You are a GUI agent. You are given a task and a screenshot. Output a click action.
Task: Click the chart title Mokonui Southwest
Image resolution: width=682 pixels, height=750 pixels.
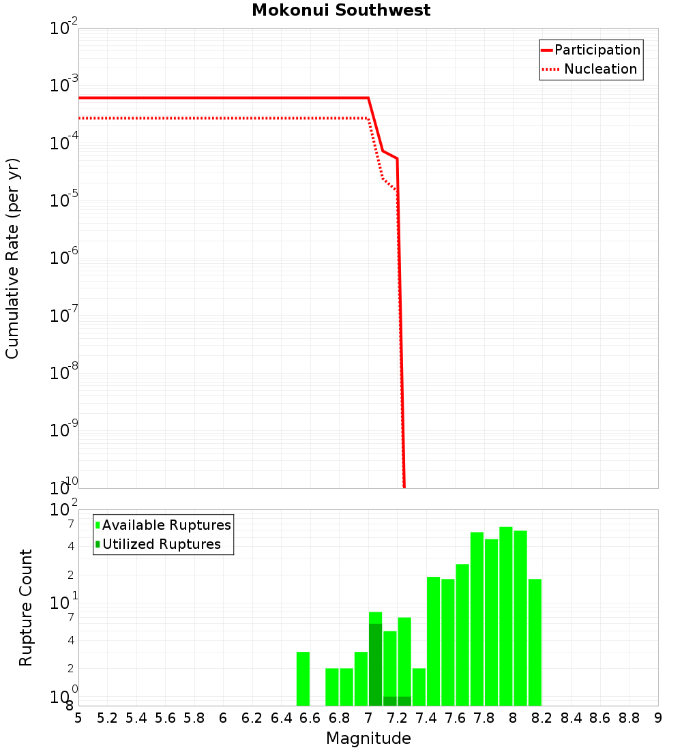[x=341, y=10]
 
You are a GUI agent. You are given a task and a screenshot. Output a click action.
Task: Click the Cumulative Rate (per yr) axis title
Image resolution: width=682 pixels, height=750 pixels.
[x=12, y=258]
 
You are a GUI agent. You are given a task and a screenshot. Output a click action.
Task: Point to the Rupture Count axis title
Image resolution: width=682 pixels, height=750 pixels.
[x=26, y=607]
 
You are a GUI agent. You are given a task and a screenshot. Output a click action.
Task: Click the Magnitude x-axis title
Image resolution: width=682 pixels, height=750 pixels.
[x=368, y=738]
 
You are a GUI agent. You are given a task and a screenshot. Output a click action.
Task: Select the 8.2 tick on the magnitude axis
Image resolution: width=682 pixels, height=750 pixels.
[x=542, y=718]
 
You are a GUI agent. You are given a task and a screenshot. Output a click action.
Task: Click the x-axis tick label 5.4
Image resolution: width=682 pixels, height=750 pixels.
[x=136, y=718]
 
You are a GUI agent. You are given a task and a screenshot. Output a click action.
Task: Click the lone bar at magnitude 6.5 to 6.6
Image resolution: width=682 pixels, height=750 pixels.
[x=303, y=678]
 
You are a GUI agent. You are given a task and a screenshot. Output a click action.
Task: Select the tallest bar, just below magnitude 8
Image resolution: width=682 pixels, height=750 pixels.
[x=505, y=616]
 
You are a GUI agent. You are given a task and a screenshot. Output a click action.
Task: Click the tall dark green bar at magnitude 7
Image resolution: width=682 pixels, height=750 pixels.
[x=375, y=665]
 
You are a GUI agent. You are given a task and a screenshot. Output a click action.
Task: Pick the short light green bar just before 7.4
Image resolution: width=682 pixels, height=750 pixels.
[x=419, y=687]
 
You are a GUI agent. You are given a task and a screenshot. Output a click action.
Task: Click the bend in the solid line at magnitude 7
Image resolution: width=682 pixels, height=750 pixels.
[x=368, y=98]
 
